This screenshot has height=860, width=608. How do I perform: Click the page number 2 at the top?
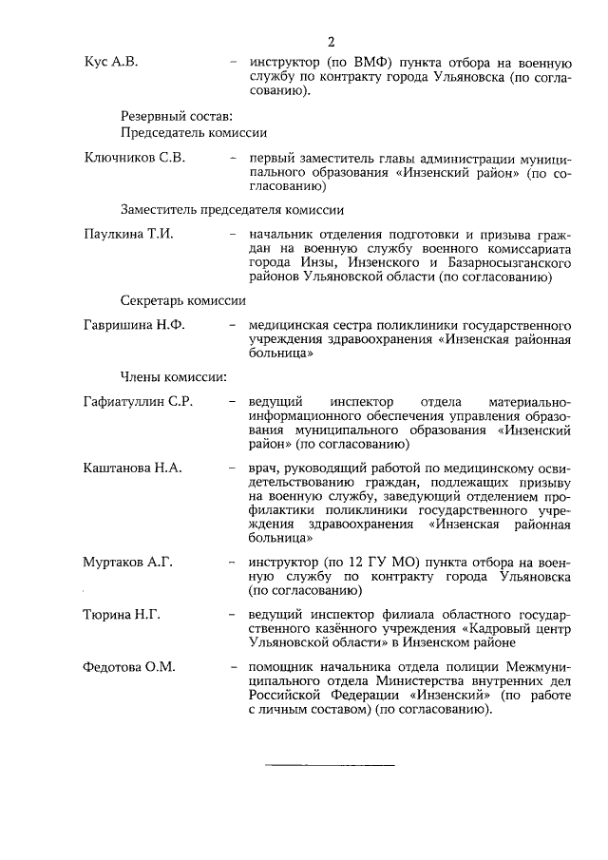(331, 43)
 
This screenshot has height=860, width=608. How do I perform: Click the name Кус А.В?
(111, 62)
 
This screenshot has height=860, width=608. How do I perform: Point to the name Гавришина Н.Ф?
(135, 325)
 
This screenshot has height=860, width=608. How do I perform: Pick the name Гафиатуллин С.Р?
(139, 402)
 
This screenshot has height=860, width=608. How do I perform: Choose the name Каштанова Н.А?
(133, 468)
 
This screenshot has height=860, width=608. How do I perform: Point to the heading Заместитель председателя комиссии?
(232, 209)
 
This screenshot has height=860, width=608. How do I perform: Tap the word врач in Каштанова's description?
(263, 468)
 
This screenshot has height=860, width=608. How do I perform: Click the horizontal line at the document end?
(329, 764)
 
